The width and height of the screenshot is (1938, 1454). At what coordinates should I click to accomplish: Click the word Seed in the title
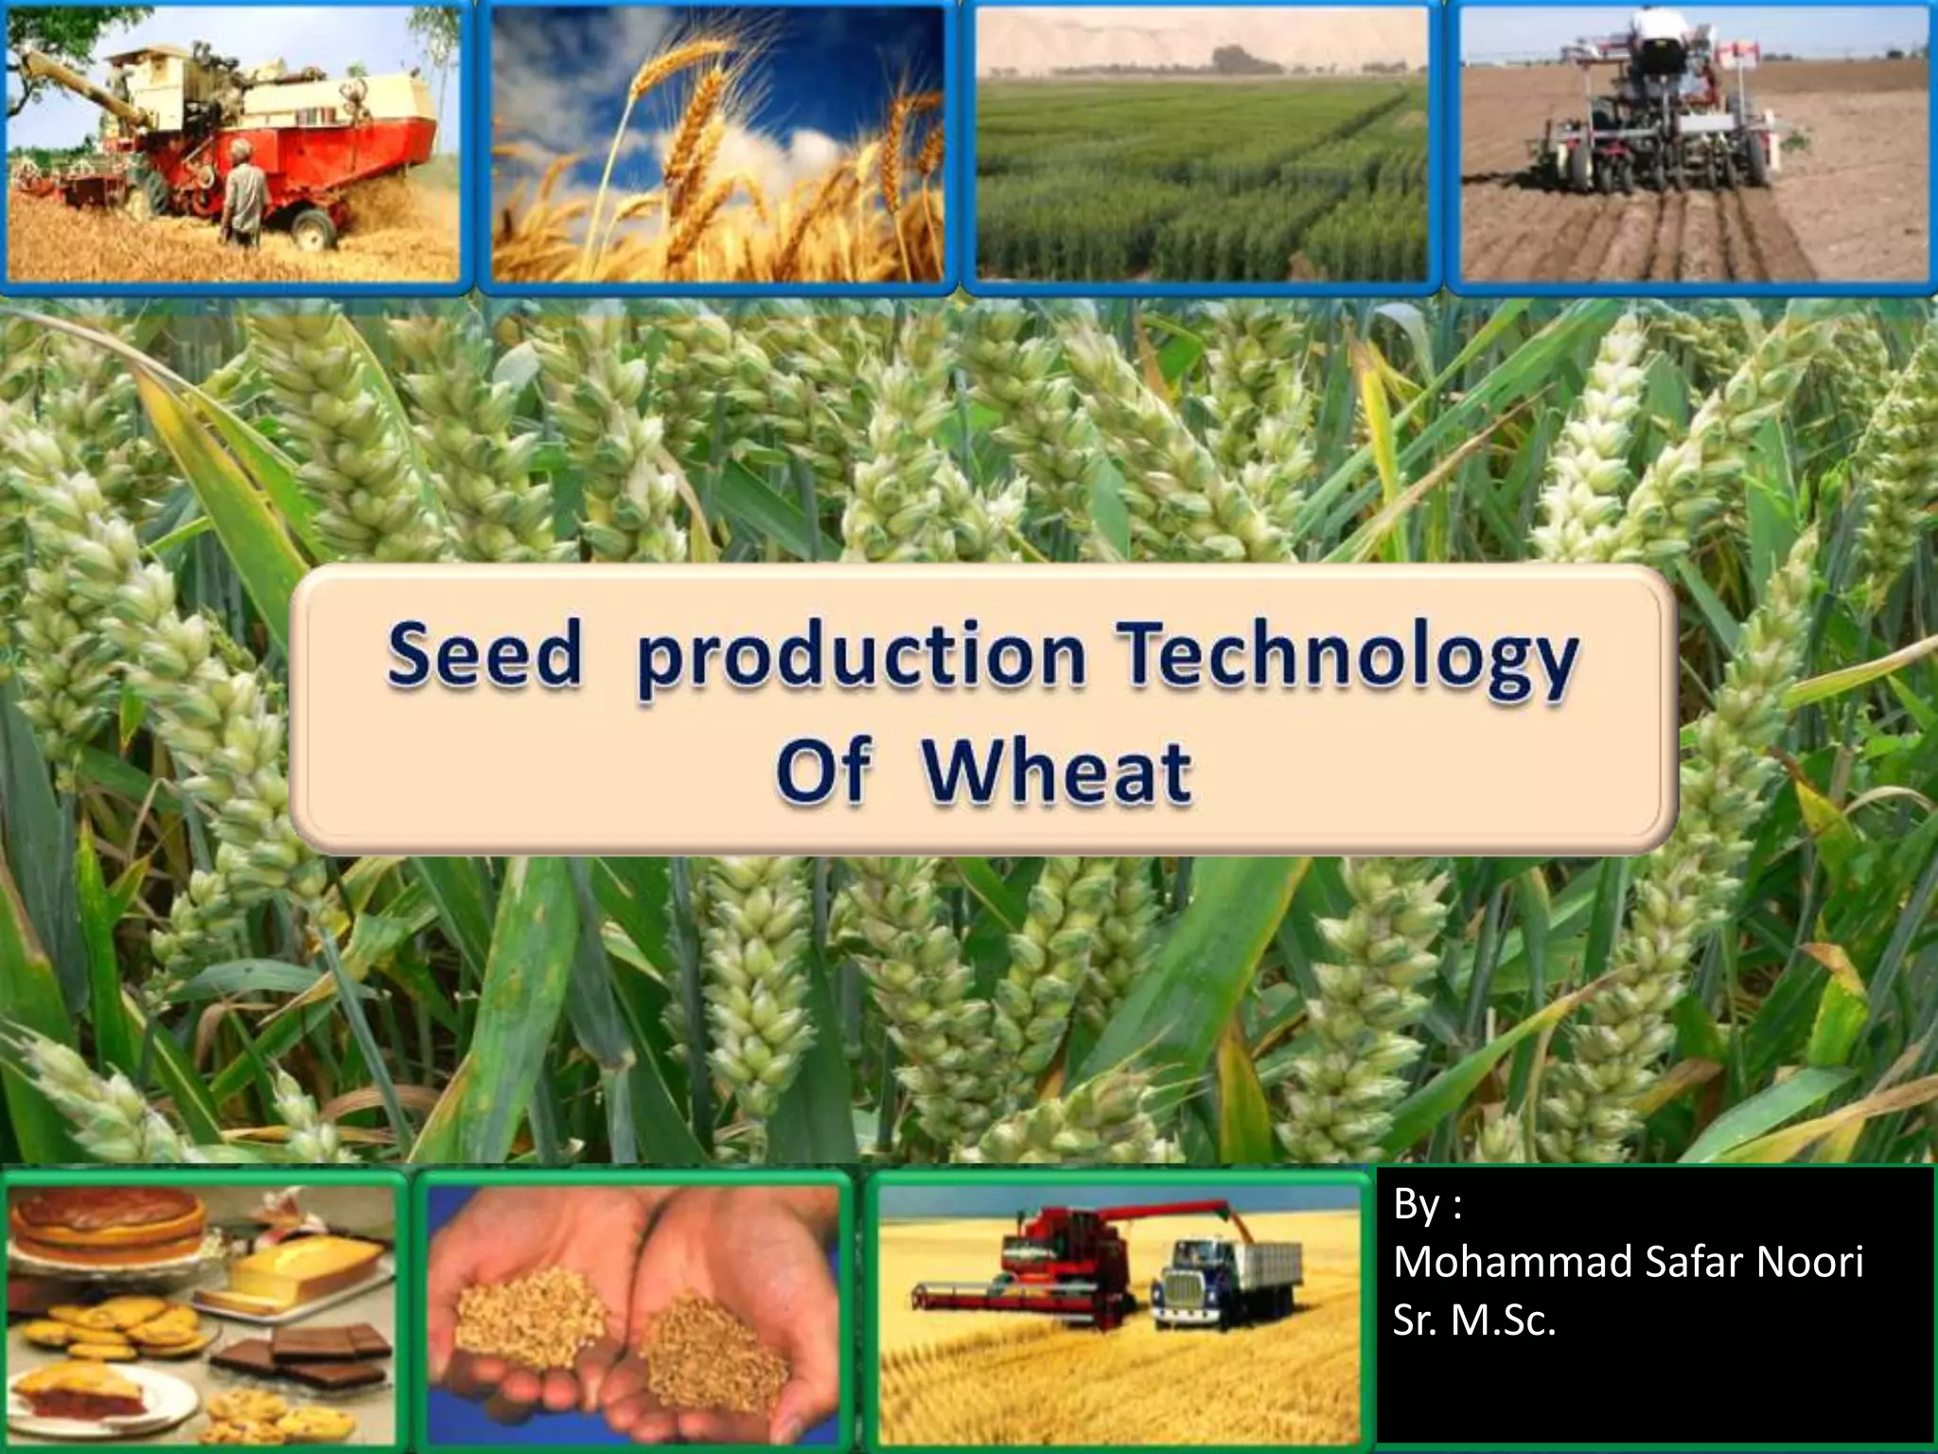point(484,655)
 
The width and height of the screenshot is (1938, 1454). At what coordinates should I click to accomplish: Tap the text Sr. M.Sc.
point(1473,1321)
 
